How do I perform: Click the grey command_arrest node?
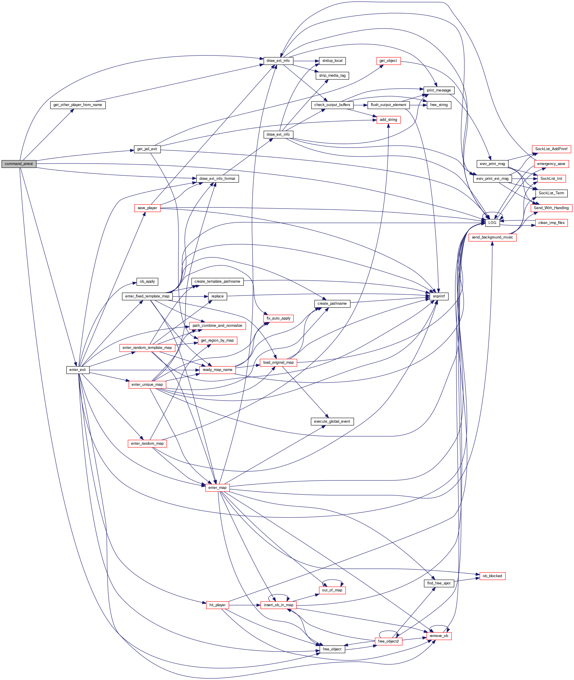[19, 164]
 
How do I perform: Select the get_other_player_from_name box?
[78, 105]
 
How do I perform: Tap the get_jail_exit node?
[147, 149]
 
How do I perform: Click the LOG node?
[492, 223]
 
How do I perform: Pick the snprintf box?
[439, 296]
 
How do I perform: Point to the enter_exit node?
[77, 370]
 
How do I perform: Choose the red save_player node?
[148, 208]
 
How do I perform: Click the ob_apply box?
[148, 281]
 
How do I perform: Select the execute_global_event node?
[332, 421]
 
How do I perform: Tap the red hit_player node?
[217, 605]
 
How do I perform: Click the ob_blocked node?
[492, 576]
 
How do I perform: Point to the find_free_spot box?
[439, 583]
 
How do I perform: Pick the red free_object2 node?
[388, 641]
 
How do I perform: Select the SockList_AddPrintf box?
[551, 149]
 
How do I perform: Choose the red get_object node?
[388, 61]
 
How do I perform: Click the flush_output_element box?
[388, 105]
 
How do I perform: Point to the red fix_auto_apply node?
[278, 318]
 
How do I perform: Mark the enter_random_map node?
[148, 444]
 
